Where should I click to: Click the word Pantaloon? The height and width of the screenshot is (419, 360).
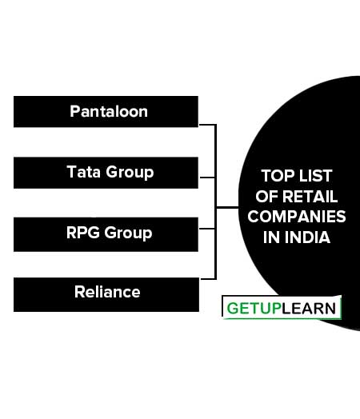point(109,111)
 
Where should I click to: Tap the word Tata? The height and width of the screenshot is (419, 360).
point(84,172)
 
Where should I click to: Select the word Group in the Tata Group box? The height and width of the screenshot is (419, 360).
point(130,173)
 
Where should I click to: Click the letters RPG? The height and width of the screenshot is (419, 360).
point(83,233)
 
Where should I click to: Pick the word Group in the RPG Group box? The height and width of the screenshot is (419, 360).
point(128,233)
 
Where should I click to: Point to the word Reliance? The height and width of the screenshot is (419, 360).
point(107,292)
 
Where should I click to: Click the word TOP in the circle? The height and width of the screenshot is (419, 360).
point(278,176)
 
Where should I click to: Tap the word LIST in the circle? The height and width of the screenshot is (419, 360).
point(316,176)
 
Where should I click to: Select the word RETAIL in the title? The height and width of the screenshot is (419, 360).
point(310,197)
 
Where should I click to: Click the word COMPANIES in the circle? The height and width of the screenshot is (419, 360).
point(297,217)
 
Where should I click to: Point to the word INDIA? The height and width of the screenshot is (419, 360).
point(307,237)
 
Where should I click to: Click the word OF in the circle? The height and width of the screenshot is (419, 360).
point(266,197)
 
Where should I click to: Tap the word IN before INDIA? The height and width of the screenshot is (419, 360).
point(271,237)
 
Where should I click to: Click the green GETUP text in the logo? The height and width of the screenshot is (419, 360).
point(254,309)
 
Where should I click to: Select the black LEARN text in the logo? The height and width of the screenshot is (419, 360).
point(309,309)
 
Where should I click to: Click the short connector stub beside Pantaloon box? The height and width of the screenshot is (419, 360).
point(207,125)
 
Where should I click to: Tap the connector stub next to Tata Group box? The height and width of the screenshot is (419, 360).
point(207,178)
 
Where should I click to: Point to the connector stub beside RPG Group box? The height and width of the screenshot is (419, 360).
point(207,229)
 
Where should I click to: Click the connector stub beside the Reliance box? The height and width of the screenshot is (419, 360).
point(208,279)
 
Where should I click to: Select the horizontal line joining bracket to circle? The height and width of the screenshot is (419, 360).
point(227,207)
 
